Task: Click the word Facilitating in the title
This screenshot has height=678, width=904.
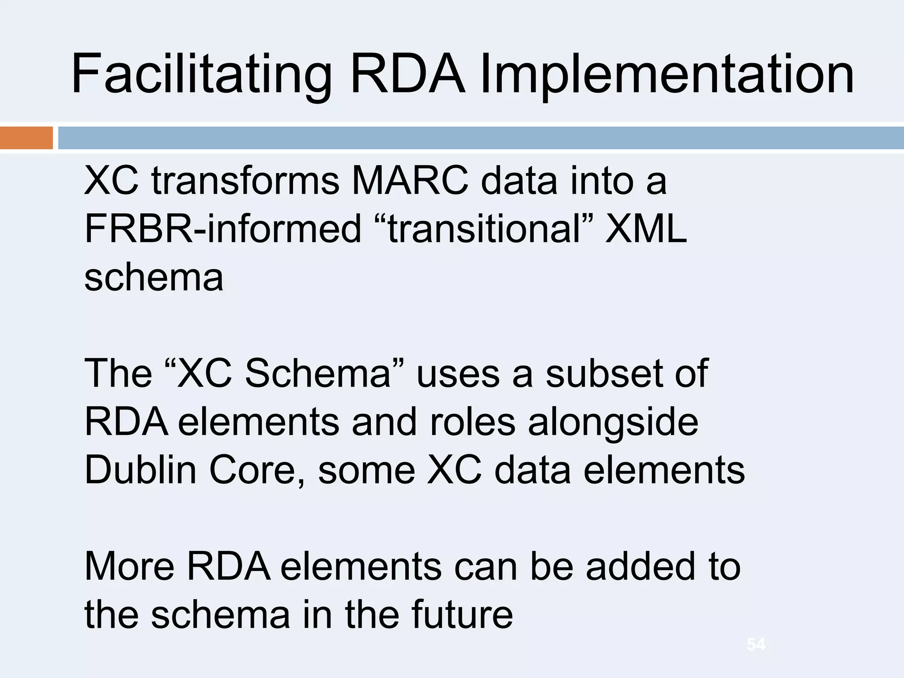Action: click(x=201, y=74)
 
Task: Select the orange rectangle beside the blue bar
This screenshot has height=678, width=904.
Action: click(x=26, y=138)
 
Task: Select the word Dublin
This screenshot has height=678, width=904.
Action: click(x=140, y=470)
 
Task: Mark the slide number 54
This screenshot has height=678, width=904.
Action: click(x=756, y=644)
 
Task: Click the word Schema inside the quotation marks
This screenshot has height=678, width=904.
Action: click(x=318, y=373)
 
